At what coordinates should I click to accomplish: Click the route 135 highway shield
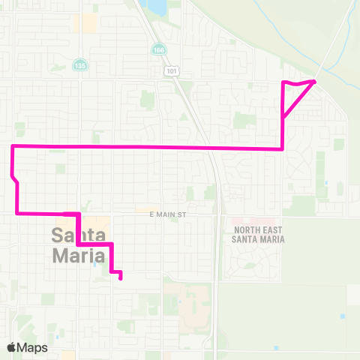[79, 66]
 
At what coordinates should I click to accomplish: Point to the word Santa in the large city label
[78, 234]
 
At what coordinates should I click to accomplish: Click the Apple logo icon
[12, 347]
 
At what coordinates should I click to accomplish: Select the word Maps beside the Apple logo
[33, 347]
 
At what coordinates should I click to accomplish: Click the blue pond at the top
[157, 7]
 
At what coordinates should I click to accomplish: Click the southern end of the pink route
[121, 279]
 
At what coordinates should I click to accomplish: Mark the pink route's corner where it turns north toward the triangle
[282, 148]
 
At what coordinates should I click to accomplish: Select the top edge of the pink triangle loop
[298, 82]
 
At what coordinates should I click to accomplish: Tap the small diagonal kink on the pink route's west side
[15, 180]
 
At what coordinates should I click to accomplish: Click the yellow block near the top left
[89, 22]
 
